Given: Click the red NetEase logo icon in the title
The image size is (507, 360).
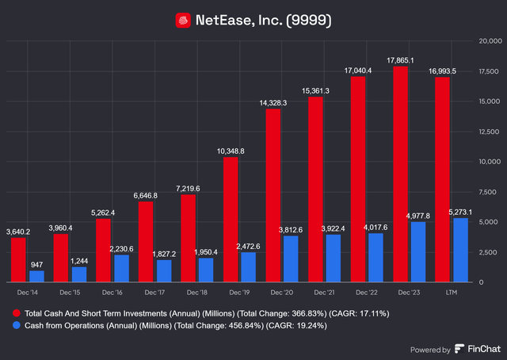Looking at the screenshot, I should click(183, 20).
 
